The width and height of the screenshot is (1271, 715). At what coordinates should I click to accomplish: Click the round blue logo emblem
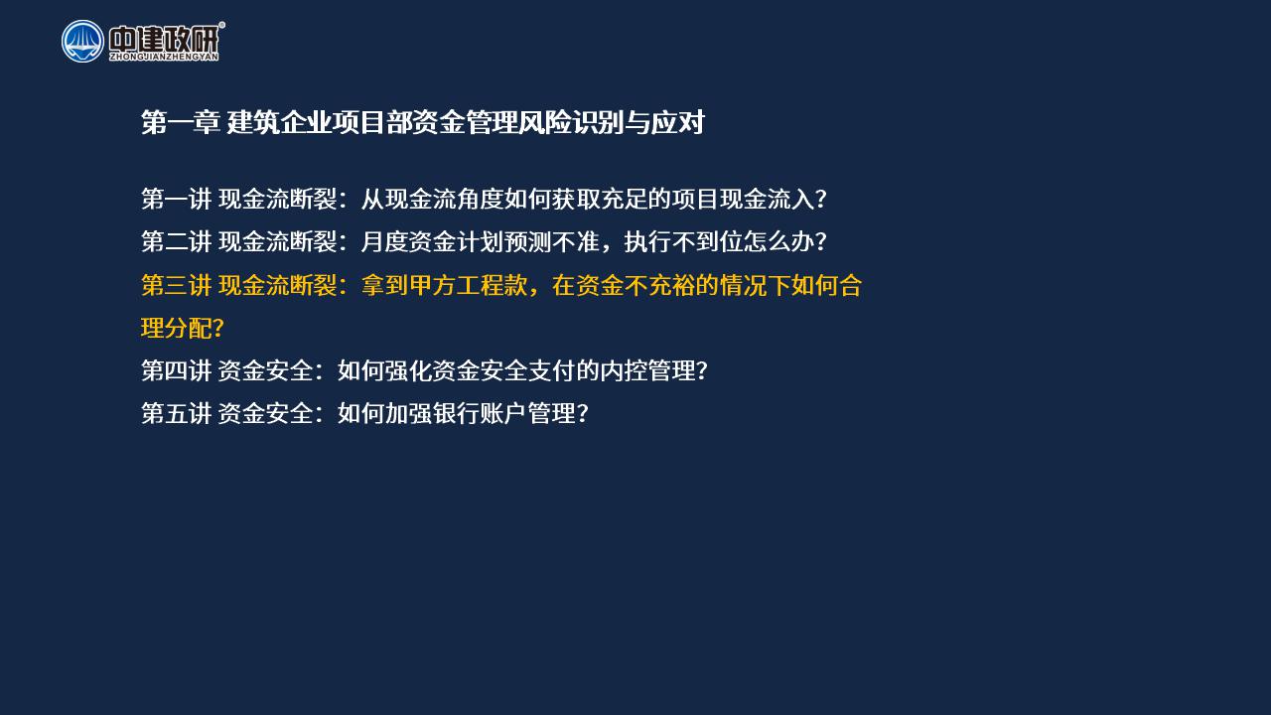pyautogui.click(x=82, y=42)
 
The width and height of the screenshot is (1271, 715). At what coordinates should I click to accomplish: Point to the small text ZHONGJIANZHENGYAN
pyautogui.click(x=164, y=57)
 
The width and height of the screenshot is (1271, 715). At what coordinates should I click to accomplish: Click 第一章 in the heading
pyautogui.click(x=181, y=122)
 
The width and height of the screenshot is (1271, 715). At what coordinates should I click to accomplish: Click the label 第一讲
pyautogui.click(x=176, y=200)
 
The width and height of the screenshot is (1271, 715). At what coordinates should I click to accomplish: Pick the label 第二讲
pyautogui.click(x=176, y=241)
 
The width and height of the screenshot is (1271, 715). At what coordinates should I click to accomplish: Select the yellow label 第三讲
pyautogui.click(x=176, y=285)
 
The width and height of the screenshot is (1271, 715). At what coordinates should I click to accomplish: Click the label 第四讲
pyautogui.click(x=176, y=370)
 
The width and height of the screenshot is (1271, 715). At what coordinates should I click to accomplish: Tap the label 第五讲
pyautogui.click(x=176, y=413)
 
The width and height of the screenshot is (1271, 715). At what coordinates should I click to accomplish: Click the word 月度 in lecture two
pyautogui.click(x=384, y=241)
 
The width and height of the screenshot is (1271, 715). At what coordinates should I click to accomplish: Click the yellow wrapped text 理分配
pyautogui.click(x=176, y=328)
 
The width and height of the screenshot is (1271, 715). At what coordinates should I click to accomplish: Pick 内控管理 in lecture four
pyautogui.click(x=647, y=370)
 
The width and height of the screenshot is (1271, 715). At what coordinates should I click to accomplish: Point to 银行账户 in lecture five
pyautogui.click(x=480, y=413)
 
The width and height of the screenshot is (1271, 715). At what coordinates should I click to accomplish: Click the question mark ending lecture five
pyautogui.click(x=582, y=413)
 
